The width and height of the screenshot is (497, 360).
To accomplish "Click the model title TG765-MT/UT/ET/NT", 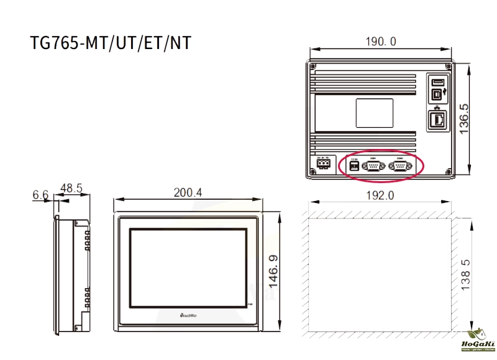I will point(111,44).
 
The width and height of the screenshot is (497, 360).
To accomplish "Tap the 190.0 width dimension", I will point(381,42).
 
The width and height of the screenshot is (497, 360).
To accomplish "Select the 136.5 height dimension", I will point(464,119).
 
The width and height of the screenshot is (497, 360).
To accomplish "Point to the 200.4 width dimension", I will point(188,193).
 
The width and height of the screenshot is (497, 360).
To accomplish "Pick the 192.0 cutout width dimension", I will point(380,195).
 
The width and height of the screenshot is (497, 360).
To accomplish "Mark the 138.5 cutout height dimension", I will point(465,274).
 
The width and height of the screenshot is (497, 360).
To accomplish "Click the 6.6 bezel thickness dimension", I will point(40,195).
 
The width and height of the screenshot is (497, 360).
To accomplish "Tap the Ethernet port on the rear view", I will point(437,119).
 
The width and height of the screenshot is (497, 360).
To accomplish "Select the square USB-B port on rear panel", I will point(437,94).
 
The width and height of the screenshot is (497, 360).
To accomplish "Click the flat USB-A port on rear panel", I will point(437,83).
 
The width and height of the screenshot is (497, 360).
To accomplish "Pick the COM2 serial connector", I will point(401,166).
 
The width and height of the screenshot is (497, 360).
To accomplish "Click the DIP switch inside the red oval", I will point(355,166).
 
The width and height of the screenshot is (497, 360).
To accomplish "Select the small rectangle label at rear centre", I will point(374,114).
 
